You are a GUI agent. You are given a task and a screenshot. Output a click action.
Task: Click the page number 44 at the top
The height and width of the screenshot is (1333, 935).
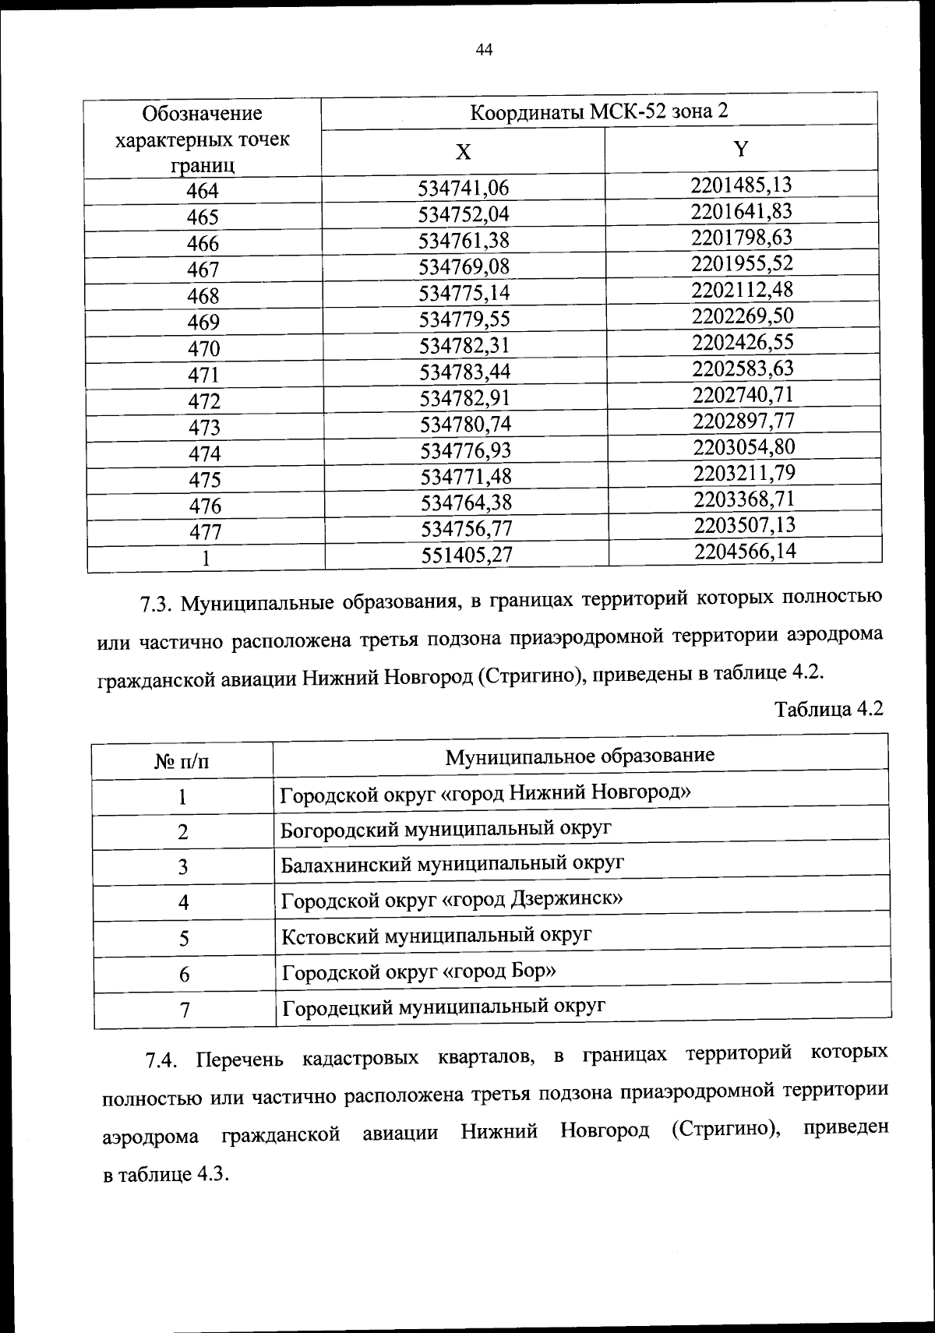(x=484, y=51)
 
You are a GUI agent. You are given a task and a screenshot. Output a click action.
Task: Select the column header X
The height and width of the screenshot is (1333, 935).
(x=463, y=152)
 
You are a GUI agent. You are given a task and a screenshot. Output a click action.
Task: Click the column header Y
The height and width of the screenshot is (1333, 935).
(x=741, y=149)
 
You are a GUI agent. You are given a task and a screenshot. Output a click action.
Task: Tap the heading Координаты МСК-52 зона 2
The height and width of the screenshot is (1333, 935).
(x=599, y=111)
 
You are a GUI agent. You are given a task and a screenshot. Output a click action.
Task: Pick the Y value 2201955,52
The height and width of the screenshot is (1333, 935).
(x=741, y=263)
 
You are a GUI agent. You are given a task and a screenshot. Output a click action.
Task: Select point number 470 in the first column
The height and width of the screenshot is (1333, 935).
(x=203, y=348)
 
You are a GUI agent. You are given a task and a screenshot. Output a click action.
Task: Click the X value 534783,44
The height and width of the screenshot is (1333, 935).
(x=465, y=372)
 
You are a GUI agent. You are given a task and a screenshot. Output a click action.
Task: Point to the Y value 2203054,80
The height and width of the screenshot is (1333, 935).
(x=743, y=447)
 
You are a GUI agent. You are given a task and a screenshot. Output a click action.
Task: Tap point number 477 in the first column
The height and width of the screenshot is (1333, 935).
(x=205, y=532)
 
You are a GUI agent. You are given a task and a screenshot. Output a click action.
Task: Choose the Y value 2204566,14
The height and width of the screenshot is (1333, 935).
(x=745, y=552)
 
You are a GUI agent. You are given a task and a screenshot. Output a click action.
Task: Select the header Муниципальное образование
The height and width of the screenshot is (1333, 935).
(x=580, y=756)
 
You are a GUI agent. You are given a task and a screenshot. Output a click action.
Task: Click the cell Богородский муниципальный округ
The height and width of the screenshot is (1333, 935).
(x=446, y=828)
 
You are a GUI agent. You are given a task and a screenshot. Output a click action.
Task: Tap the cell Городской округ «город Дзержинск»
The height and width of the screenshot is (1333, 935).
(x=452, y=900)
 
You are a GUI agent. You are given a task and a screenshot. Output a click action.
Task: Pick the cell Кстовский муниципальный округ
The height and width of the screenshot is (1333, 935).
(x=436, y=935)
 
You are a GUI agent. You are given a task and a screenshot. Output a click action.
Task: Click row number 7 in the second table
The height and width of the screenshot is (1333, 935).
(x=185, y=1010)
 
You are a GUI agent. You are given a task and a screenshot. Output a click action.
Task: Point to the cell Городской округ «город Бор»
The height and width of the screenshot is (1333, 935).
(x=419, y=972)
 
